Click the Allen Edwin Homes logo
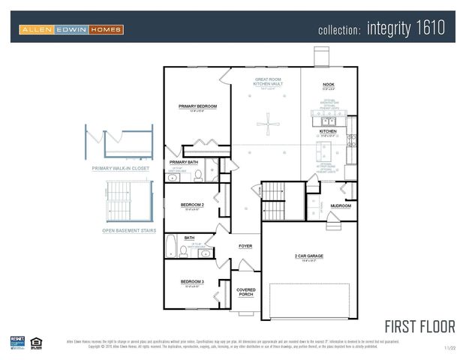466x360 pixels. pyautogui.click(x=71, y=29)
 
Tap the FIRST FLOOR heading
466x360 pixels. pyautogui.click(x=419, y=327)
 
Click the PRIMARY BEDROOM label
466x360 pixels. pyautogui.click(x=197, y=106)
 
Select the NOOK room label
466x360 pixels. pyautogui.click(x=329, y=85)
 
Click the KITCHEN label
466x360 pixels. pyautogui.click(x=329, y=131)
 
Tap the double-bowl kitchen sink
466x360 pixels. pyautogui.click(x=329, y=121)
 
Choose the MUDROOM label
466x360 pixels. pyautogui.click(x=341, y=205)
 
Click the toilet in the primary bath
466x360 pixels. pyautogui.click(x=199, y=175)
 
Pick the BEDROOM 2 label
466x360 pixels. pyautogui.click(x=192, y=204)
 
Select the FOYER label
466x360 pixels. pyautogui.click(x=245, y=245)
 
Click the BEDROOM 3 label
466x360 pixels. pyautogui.click(x=192, y=282)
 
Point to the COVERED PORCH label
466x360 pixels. pyautogui.click(x=246, y=292)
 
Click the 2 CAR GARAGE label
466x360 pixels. pyautogui.click(x=308, y=256)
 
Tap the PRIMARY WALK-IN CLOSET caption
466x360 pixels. pyautogui.click(x=120, y=169)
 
